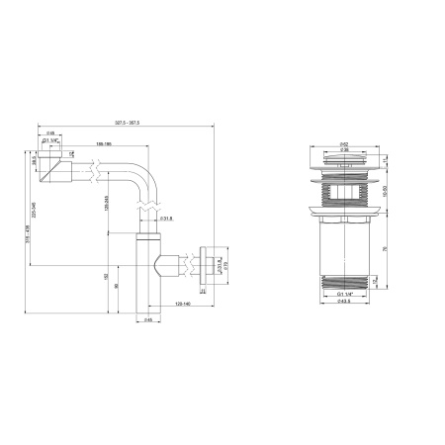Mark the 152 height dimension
point(107,278)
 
